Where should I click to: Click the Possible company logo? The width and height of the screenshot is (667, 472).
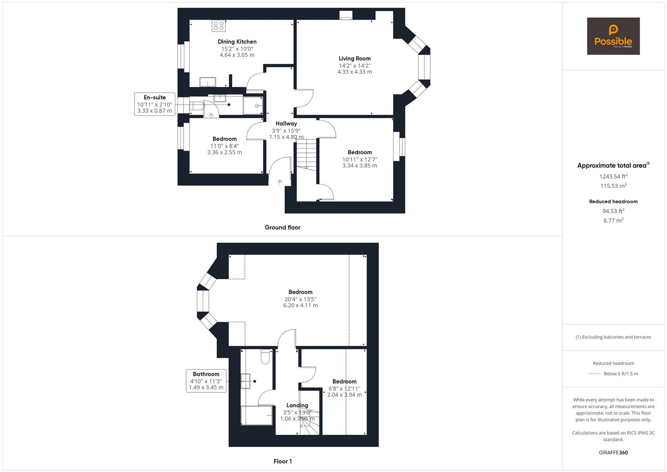[613, 36]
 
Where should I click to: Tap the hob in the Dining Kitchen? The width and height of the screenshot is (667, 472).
[218, 26]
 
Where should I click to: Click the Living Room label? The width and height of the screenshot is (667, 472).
[355, 59]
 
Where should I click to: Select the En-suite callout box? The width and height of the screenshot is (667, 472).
[155, 104]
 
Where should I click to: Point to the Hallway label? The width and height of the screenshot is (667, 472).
[286, 123]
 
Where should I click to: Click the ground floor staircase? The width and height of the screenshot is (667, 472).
[306, 155]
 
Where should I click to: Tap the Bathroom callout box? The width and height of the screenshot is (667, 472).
[206, 381]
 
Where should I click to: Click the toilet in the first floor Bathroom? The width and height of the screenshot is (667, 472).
[265, 356]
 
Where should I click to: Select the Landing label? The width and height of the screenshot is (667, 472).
[297, 405]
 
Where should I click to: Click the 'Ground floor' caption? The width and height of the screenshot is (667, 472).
[283, 227]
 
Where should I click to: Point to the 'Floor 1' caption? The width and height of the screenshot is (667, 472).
[283, 461]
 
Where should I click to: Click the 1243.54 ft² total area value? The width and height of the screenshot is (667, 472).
[613, 176]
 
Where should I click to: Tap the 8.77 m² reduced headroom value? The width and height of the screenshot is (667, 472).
[613, 220]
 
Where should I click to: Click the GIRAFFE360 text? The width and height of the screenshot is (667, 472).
[613, 452]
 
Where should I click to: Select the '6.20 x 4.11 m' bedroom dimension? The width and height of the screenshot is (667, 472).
[301, 305]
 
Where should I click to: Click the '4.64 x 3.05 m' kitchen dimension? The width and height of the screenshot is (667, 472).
[237, 55]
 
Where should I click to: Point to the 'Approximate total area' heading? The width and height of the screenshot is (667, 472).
[613, 165]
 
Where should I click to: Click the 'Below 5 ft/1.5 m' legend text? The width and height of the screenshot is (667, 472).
[621, 374]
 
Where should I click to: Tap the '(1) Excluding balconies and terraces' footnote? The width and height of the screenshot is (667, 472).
[613, 337]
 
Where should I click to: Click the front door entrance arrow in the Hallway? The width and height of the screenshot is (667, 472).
[280, 182]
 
